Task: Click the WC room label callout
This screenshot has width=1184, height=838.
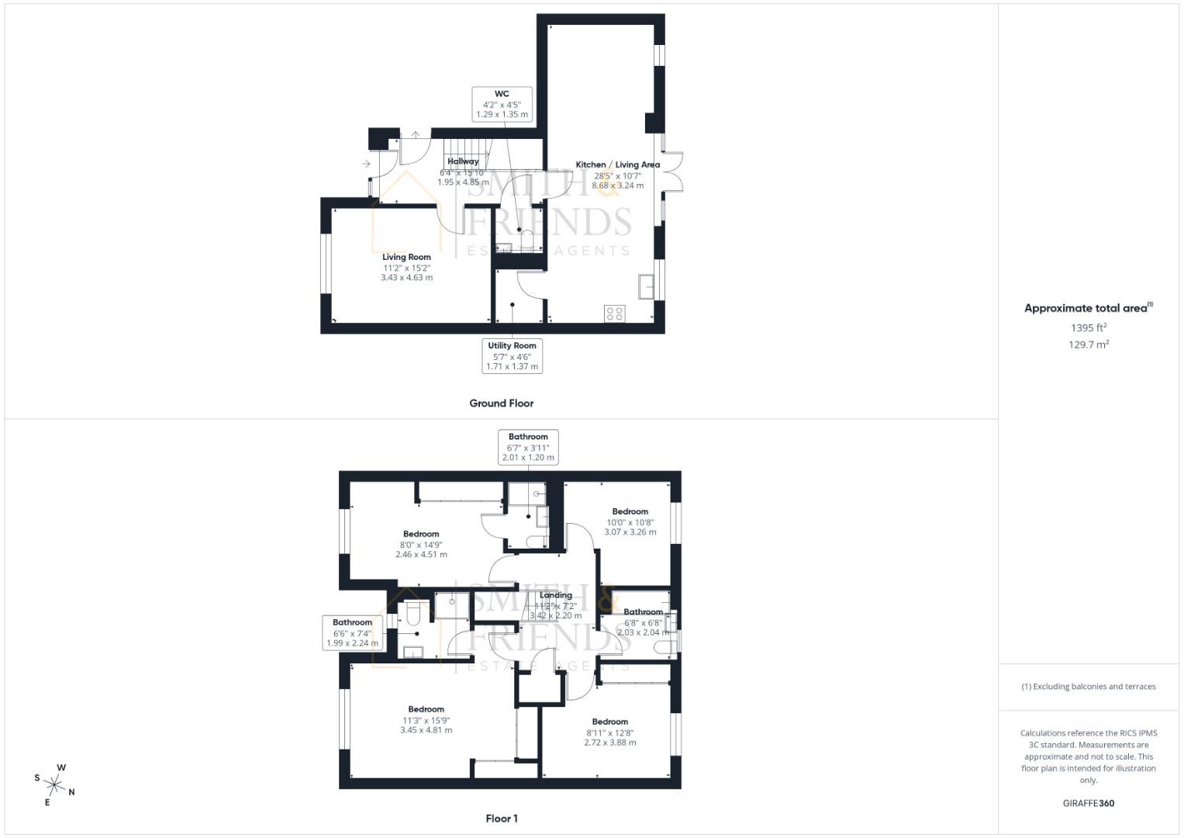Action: tap(502, 104)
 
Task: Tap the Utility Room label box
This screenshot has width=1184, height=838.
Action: tap(512, 356)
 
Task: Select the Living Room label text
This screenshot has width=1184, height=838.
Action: tap(406, 258)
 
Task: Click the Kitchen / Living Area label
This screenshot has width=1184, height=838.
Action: tap(617, 165)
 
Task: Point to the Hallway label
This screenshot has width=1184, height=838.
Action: tap(463, 161)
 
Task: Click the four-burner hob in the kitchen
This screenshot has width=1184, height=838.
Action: tap(614, 313)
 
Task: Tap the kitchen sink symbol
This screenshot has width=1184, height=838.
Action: tap(646, 286)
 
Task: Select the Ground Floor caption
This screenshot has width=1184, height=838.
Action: tap(501, 403)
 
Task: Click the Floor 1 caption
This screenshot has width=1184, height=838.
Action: tap(501, 819)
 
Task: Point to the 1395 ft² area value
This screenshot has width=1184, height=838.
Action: tap(1089, 327)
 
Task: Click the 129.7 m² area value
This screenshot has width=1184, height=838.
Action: tap(1089, 345)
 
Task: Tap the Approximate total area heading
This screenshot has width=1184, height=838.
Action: tap(1088, 308)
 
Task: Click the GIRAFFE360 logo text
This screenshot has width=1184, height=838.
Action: tap(1088, 803)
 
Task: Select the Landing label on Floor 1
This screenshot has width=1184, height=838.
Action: tap(555, 596)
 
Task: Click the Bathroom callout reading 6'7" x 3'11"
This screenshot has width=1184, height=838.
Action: tap(528, 447)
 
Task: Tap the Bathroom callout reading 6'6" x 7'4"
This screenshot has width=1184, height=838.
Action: tap(352, 632)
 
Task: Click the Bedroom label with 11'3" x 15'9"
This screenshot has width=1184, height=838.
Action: tap(426, 709)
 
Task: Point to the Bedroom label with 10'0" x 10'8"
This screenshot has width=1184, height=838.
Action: tap(630, 512)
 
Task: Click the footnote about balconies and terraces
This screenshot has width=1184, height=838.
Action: tap(1088, 687)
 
